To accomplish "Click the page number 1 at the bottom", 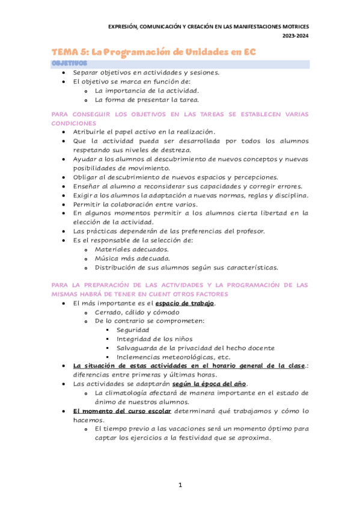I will coord(180,485).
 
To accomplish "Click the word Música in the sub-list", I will coord(108,258).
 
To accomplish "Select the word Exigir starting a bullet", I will coord(84,195).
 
